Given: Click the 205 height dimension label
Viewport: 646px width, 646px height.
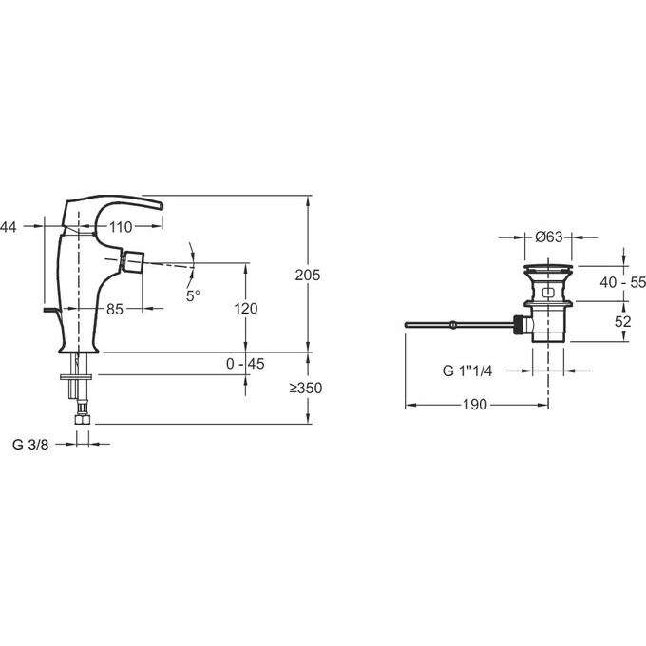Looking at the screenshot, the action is [308, 275].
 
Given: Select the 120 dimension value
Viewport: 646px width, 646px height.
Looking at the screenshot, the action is [246, 308].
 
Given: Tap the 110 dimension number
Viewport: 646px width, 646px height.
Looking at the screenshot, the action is [121, 227].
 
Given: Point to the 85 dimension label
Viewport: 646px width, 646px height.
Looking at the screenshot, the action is [115, 309].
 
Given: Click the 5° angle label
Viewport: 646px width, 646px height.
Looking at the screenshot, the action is [193, 295].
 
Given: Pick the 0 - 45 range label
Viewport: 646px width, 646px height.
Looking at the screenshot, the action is [245, 363].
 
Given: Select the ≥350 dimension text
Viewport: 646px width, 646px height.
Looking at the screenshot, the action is [305, 388].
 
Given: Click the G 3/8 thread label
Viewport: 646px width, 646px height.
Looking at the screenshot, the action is [30, 445].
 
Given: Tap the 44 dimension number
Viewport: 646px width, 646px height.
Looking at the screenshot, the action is [9, 227].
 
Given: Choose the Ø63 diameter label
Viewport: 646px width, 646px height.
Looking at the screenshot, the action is [549, 237].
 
